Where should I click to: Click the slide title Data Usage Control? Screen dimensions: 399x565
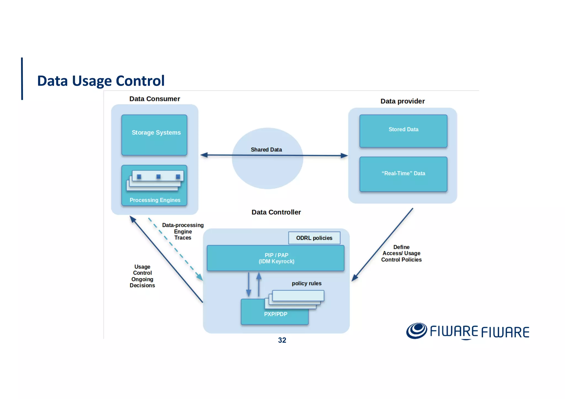tap(101, 81)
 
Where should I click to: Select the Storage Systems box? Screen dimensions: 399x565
tap(154, 135)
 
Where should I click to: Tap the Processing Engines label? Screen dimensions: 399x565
tap(155, 200)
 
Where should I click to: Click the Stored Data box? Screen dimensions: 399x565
tap(403, 131)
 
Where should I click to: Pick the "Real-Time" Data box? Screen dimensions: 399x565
tap(403, 174)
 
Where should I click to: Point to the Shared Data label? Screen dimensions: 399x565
tap(266, 150)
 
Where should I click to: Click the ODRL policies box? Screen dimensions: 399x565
tap(314, 238)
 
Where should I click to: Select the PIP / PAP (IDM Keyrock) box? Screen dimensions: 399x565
tap(276, 258)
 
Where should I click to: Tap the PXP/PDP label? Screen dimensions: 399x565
tap(275, 314)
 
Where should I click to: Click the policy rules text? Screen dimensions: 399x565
tap(307, 283)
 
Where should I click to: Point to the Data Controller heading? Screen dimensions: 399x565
tap(276, 212)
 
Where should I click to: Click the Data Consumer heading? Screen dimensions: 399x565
tap(154, 99)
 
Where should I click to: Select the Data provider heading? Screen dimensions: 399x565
tap(402, 101)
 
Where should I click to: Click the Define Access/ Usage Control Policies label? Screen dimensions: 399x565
tap(401, 253)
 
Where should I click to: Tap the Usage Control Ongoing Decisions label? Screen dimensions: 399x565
tap(142, 276)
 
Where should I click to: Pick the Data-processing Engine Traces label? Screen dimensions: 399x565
tap(183, 231)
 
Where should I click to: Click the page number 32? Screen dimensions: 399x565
tap(282, 340)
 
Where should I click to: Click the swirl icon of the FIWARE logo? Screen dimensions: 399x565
tap(416, 331)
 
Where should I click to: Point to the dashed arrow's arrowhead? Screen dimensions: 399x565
tap(200, 277)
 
